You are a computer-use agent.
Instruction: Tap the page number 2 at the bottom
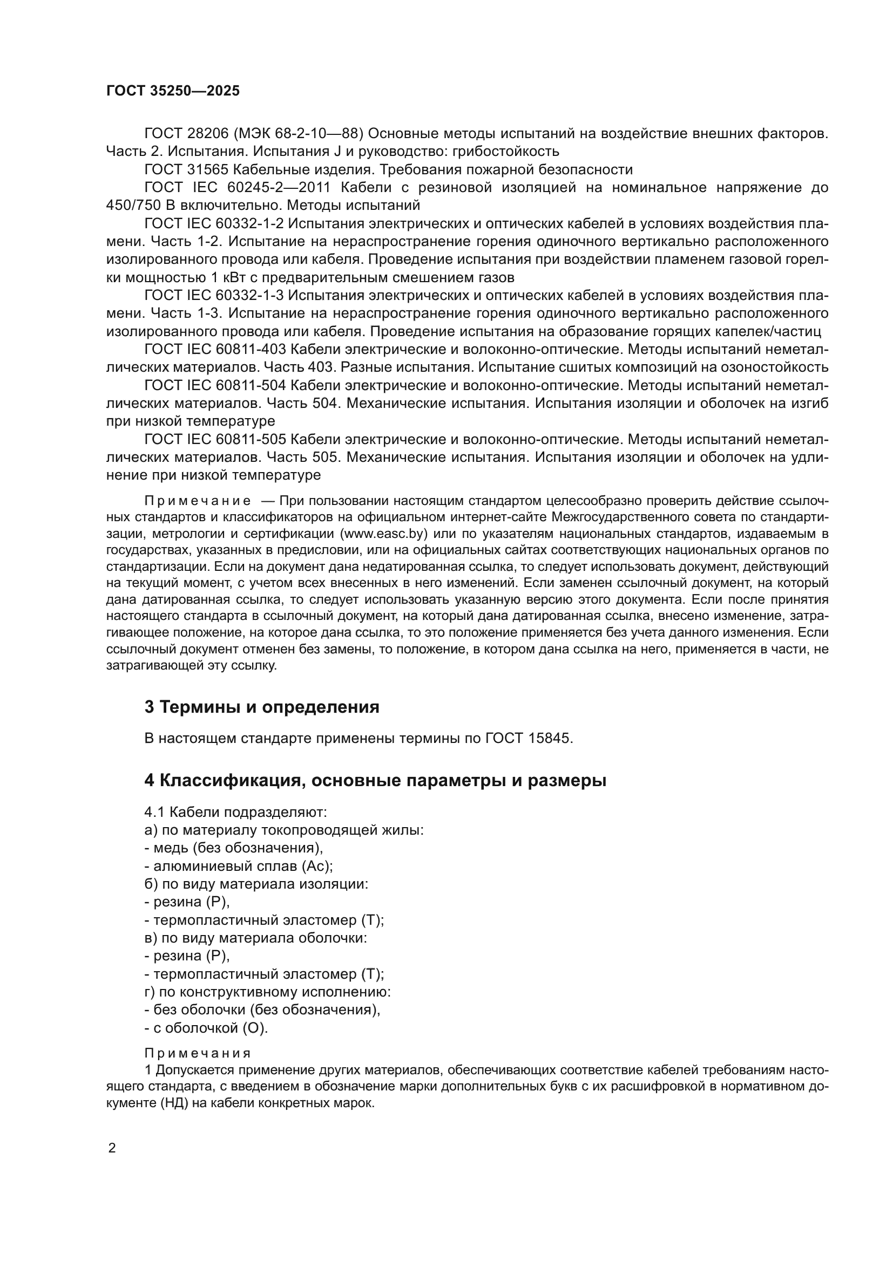coord(112,1148)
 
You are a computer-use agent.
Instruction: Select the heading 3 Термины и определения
coord(262,707)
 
